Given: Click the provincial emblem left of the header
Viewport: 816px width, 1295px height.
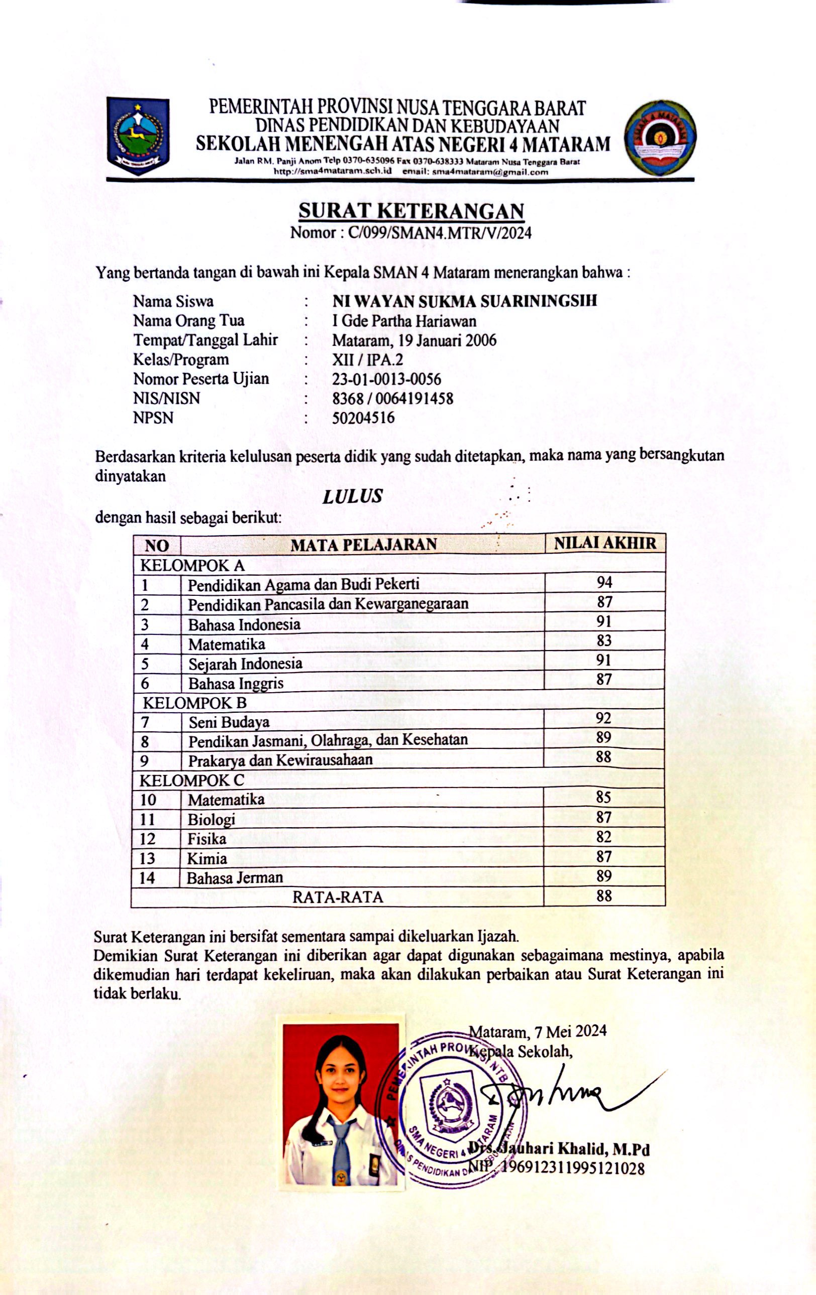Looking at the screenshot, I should point(138,136).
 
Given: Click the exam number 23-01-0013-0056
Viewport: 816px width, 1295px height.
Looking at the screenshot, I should point(386,379).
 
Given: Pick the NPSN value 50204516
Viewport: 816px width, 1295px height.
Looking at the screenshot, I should point(363,418).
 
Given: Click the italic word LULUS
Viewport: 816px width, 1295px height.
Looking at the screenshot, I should point(352,496).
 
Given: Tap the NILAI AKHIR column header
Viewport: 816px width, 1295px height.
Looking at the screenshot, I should point(605,543).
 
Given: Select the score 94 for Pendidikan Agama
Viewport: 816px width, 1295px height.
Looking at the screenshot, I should point(604,582).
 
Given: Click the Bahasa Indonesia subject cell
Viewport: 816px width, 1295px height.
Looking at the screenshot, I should point(244,624).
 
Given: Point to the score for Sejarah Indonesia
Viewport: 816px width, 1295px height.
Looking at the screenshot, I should point(604,660).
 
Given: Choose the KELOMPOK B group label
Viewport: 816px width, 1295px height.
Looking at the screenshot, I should point(194,702).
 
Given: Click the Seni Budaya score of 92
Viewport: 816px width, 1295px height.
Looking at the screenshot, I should point(604,718).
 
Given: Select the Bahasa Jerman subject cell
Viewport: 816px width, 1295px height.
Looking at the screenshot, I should point(235,878).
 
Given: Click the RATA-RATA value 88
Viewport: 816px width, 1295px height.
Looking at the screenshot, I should point(604,895).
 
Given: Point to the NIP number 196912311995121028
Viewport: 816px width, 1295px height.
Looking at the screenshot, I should point(573,1169).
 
